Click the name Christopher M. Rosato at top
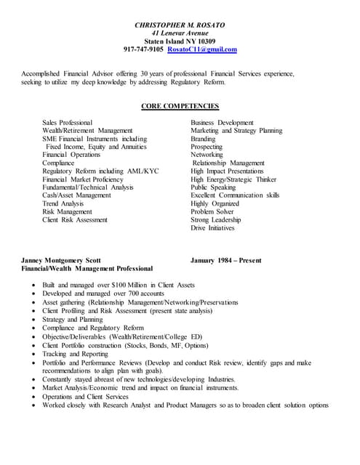[180, 25]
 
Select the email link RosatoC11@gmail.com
[201, 49]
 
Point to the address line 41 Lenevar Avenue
[180, 33]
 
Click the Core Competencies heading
[180, 106]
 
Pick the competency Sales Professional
[67, 123]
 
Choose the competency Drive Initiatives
[212, 228]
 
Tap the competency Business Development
[222, 123]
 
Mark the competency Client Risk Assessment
[75, 219]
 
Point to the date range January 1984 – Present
[226, 260]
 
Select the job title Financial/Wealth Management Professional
[89, 269]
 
